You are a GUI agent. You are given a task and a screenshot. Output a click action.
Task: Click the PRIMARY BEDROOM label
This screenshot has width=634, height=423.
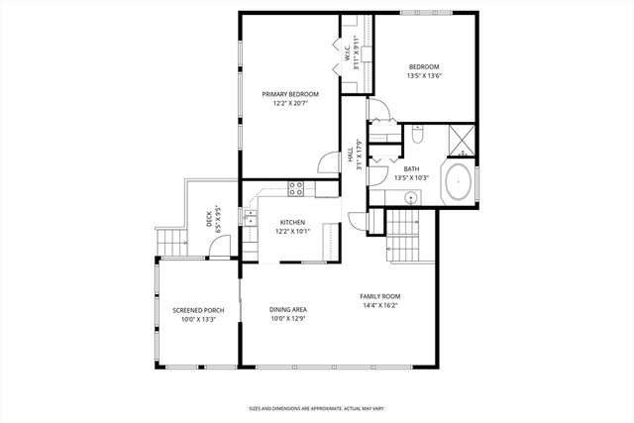click(290, 94)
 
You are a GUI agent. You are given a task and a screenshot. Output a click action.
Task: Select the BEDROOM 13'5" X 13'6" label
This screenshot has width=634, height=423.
click(424, 70)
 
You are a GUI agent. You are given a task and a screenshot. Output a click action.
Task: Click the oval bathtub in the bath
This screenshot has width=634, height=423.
click(458, 184)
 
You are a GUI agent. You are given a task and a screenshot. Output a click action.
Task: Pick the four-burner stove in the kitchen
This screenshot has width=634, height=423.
click(294, 187)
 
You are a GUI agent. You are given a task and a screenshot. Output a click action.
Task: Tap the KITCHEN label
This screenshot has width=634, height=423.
click(292, 222)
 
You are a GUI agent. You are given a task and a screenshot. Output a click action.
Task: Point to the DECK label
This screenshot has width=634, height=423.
click(209, 218)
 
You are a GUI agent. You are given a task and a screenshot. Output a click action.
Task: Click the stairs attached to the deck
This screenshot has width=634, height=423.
click(171, 240)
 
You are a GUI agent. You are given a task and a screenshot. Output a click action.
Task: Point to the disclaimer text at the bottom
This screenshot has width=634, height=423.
click(316, 407)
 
